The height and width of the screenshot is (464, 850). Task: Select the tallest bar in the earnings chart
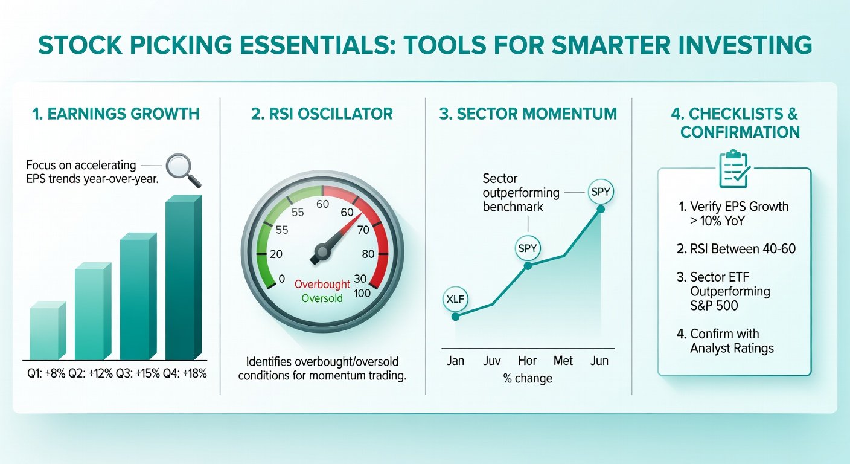(x=184, y=277)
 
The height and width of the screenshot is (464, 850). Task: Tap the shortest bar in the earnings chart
(x=48, y=330)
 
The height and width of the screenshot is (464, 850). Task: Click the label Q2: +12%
(x=91, y=373)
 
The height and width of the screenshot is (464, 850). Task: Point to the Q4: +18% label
(x=185, y=373)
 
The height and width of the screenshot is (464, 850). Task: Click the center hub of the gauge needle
(x=322, y=251)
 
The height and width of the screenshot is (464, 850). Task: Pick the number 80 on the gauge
(x=368, y=254)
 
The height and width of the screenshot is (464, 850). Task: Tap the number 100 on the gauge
(x=362, y=293)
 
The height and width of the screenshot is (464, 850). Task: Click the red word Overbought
(x=322, y=284)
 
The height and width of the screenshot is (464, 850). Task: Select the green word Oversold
(x=322, y=298)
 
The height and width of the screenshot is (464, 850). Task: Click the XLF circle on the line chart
(x=455, y=299)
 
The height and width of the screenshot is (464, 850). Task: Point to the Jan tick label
(x=455, y=360)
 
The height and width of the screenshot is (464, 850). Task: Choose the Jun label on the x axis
(x=599, y=360)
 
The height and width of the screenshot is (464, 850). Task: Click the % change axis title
(x=528, y=378)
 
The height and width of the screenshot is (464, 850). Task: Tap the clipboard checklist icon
(x=735, y=169)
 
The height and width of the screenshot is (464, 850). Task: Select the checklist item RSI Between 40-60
(x=736, y=249)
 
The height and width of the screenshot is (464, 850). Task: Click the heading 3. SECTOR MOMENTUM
(x=528, y=114)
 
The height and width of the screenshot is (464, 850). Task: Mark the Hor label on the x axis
(x=527, y=360)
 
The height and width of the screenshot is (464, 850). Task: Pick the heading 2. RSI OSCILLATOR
(x=322, y=114)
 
